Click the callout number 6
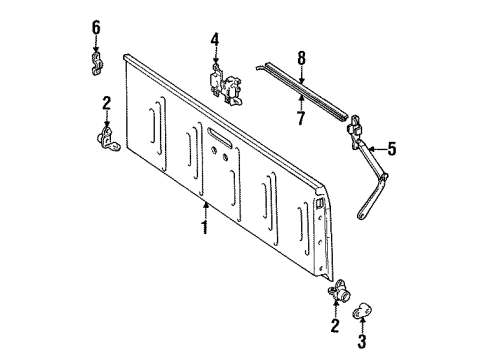(x=96, y=26)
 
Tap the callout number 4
(x=214, y=39)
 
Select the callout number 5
(x=392, y=151)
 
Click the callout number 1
(x=205, y=228)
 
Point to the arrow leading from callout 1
(x=205, y=209)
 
